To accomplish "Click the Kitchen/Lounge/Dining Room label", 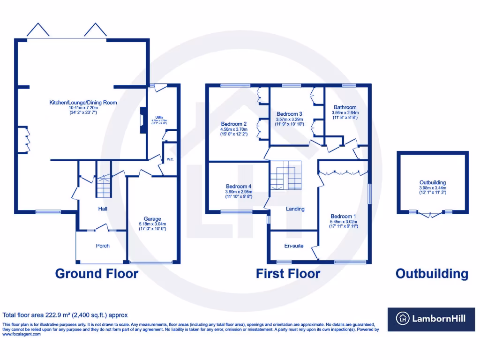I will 83,102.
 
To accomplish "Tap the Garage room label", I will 152,219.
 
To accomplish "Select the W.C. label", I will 170,159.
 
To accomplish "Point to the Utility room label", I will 159,118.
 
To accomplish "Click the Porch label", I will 103,246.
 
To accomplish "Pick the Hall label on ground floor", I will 103,208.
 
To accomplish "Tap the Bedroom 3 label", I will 289,114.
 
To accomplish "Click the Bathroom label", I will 345,107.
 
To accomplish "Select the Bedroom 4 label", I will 239,186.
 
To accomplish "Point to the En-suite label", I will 293,245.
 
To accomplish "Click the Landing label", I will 295,209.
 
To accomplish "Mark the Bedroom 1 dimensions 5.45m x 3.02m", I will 344,222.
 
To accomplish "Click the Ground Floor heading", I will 97,274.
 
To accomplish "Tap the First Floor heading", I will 288,274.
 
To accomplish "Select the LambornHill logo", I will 431,319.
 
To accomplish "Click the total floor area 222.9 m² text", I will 65,315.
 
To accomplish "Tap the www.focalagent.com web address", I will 22,334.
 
